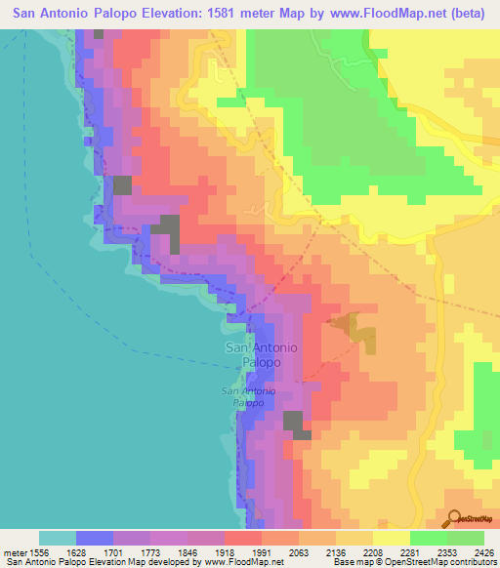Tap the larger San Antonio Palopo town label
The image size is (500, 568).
click(x=262, y=354)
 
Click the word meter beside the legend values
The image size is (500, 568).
click(x=14, y=552)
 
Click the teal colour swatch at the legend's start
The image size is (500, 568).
click(x=58, y=538)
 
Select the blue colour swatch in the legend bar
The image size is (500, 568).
click(x=95, y=538)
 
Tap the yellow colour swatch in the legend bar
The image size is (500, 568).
click(x=392, y=538)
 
